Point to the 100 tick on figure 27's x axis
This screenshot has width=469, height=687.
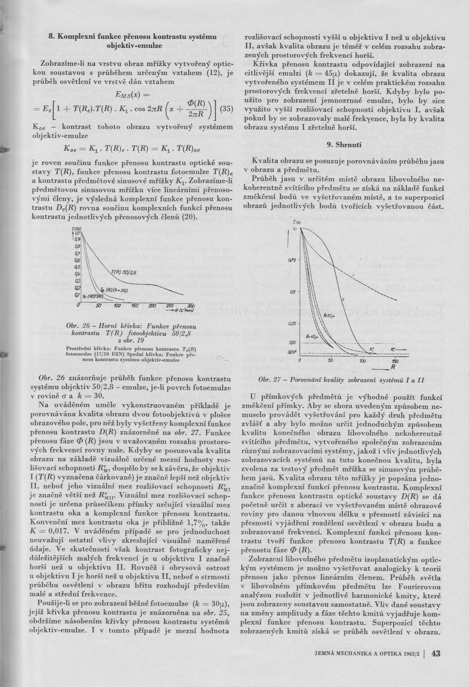pyautogui.click(x=362, y=360)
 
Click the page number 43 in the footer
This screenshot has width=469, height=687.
pyautogui.click(x=437, y=653)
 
